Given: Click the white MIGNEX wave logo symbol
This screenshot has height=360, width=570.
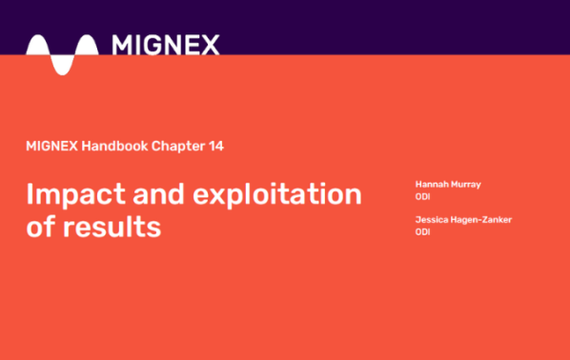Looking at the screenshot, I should coord(62,51).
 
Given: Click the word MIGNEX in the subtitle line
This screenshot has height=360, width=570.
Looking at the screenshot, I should coord(52,147).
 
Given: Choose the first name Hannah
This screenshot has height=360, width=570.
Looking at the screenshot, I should coord(432,183).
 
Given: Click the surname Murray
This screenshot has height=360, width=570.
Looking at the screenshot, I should coord(466,183).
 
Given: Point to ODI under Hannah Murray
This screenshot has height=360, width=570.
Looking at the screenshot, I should coord(422,196).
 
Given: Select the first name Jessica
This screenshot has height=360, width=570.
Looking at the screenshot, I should coord(431,220).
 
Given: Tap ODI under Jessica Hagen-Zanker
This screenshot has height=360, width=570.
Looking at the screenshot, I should coord(422,232).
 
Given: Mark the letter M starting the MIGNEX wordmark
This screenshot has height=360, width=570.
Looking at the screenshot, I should coord(122,45).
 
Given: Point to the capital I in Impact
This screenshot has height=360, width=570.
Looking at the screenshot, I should coord(31,195).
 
